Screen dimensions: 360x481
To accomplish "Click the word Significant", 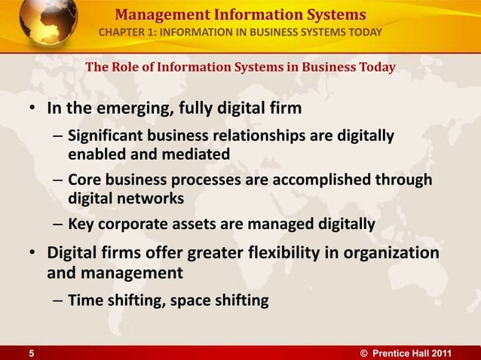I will coord(103,137).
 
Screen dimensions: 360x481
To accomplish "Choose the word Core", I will coord(82,181).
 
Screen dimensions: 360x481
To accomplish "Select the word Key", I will coord(79,224).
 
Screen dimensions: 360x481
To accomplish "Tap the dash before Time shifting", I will coord(58,301).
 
